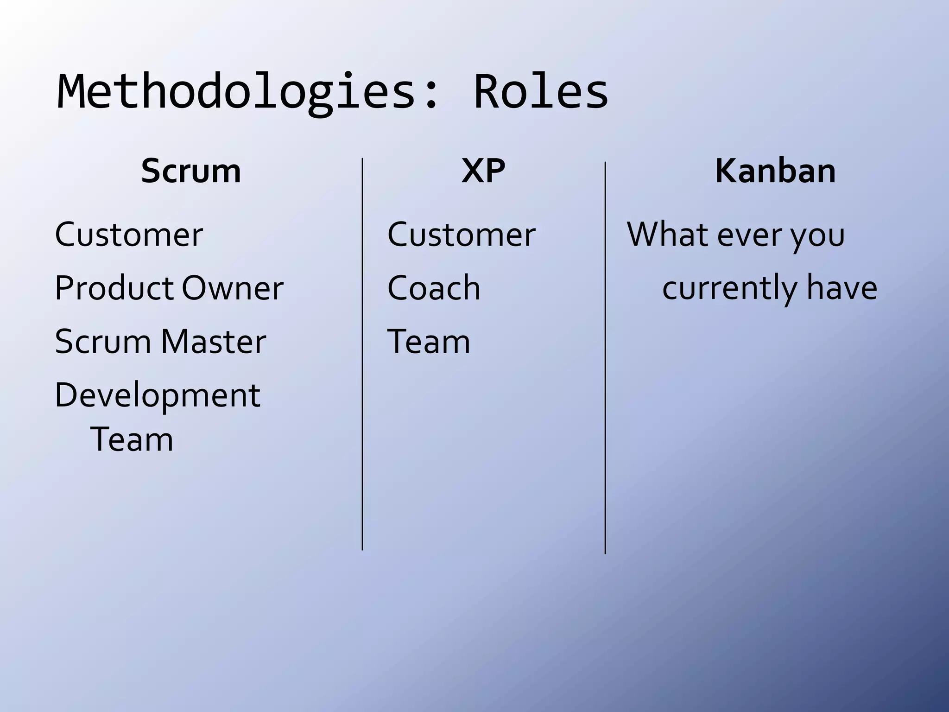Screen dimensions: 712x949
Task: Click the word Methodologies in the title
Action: pos(236,93)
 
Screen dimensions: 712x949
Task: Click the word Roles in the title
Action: pos(541,93)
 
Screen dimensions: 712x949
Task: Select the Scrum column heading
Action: pos(191,171)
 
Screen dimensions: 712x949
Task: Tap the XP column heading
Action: pos(483,171)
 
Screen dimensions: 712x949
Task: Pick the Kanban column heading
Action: pos(775,171)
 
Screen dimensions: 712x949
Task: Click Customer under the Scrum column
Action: pos(129,235)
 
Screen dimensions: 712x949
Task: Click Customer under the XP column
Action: pos(461,235)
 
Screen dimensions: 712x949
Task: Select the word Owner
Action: pos(232,288)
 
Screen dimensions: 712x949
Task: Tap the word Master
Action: pos(213,342)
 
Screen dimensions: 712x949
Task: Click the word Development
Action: pos(158,396)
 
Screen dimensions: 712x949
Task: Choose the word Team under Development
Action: pos(132,439)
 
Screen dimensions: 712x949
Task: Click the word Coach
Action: pos(434,288)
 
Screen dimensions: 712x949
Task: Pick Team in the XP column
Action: pos(429,342)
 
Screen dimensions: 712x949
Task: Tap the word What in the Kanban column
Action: pos(667,235)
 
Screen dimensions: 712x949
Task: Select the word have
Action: pos(841,288)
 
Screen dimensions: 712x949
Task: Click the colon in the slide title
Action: pos(431,95)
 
